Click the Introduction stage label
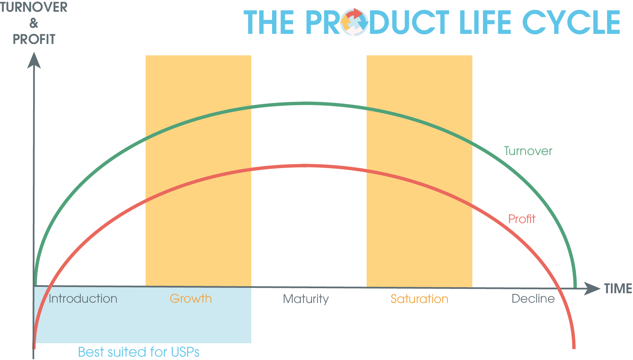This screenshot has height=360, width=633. tap(83, 299)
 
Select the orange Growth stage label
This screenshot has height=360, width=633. tap(191, 299)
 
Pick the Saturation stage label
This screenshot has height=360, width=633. tap(419, 299)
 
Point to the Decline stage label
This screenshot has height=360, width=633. tap(533, 299)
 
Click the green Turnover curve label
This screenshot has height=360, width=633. tap(528, 151)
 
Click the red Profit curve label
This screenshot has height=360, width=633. tap(522, 219)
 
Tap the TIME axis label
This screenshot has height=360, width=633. tap(618, 289)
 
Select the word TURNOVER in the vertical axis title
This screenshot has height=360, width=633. tap(34, 7)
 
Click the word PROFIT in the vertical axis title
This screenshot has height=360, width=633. tap(34, 39)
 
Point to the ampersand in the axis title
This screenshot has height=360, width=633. tap(34, 23)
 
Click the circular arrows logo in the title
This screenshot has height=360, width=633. tap(354, 22)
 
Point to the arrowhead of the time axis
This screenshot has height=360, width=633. tap(592, 289)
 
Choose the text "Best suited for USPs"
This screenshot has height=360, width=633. tap(139, 352)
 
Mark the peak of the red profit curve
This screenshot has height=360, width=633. tap(304, 166)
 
